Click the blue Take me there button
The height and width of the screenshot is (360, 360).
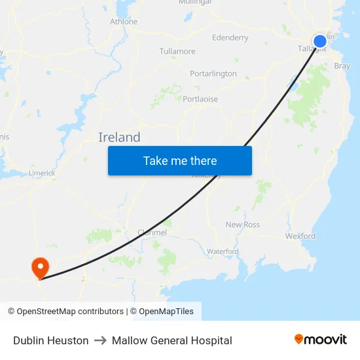(180, 160)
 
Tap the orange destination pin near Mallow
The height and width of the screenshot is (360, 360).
(40, 266)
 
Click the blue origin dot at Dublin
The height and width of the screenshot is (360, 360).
(320, 42)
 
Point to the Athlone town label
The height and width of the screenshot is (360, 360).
(124, 22)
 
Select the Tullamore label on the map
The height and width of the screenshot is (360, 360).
(177, 51)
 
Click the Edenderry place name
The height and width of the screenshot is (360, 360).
(230, 38)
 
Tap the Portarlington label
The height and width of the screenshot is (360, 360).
(213, 74)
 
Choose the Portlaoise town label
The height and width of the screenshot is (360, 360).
(200, 99)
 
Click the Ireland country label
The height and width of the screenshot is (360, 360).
(119, 137)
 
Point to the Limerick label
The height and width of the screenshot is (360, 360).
(43, 173)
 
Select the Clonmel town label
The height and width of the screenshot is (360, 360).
(153, 232)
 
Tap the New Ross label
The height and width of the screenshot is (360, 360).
(243, 225)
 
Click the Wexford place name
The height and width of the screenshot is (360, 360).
(300, 236)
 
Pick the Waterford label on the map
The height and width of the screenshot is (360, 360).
(223, 251)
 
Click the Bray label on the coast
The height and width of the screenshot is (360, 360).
(342, 66)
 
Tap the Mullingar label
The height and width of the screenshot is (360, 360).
(195, 2)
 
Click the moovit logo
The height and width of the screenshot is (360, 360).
(321, 340)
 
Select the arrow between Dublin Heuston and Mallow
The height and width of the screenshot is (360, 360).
(100, 340)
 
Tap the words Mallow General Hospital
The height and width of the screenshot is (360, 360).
(172, 340)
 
